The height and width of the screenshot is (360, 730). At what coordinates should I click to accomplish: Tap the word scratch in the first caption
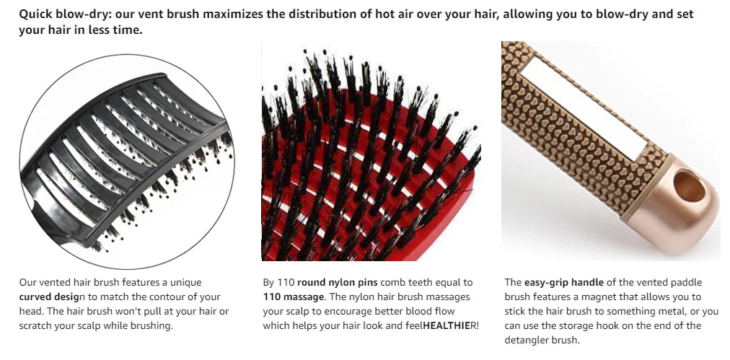(35, 325)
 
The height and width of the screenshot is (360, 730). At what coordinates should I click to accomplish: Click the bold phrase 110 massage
(293, 297)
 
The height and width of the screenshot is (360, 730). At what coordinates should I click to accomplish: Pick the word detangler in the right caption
(532, 340)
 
